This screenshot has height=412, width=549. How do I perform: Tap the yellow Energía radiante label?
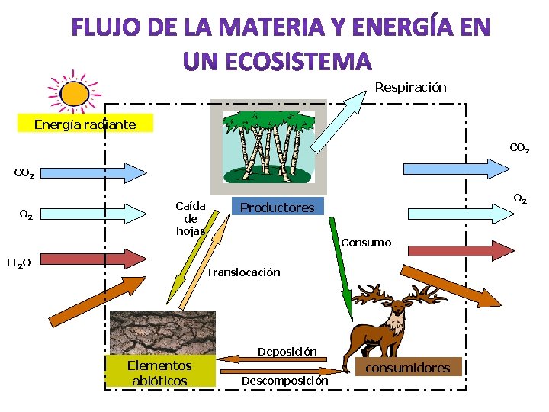[85, 124]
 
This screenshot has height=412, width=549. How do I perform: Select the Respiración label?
[410, 88]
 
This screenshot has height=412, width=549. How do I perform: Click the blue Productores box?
[278, 208]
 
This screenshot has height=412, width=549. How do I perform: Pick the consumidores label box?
[407, 368]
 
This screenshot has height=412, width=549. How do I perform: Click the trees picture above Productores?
[268, 146]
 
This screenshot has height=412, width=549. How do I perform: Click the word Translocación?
[243, 272]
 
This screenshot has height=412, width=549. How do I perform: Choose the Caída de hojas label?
[190, 218]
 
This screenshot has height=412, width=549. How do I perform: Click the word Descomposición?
[284, 380]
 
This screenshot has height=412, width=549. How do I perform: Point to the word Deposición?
[287, 352]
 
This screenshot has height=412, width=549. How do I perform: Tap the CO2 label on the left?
[24, 175]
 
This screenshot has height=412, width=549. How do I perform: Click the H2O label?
[18, 263]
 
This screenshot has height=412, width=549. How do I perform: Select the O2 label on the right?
[520, 199]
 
